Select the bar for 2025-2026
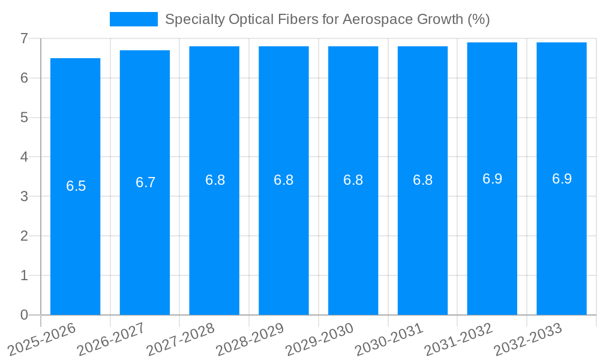pos(75,240)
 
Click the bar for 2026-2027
pos(145,240)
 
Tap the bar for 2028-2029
pos(284,240)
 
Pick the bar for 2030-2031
pos(422,240)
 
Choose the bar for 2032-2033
pos(562,240)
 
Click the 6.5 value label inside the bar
pos(76,186)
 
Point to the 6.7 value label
pos(145,182)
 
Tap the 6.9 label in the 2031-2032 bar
pos(492,179)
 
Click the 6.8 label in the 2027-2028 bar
pos(215,180)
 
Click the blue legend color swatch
pos(133,19)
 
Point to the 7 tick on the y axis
pos(24,38)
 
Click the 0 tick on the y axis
pos(24,315)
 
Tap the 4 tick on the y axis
pos(24,157)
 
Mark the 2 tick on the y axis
pos(24,236)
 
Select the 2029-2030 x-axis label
pos(320,339)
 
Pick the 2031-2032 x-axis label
pos(459,339)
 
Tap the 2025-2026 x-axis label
pos(42,339)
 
